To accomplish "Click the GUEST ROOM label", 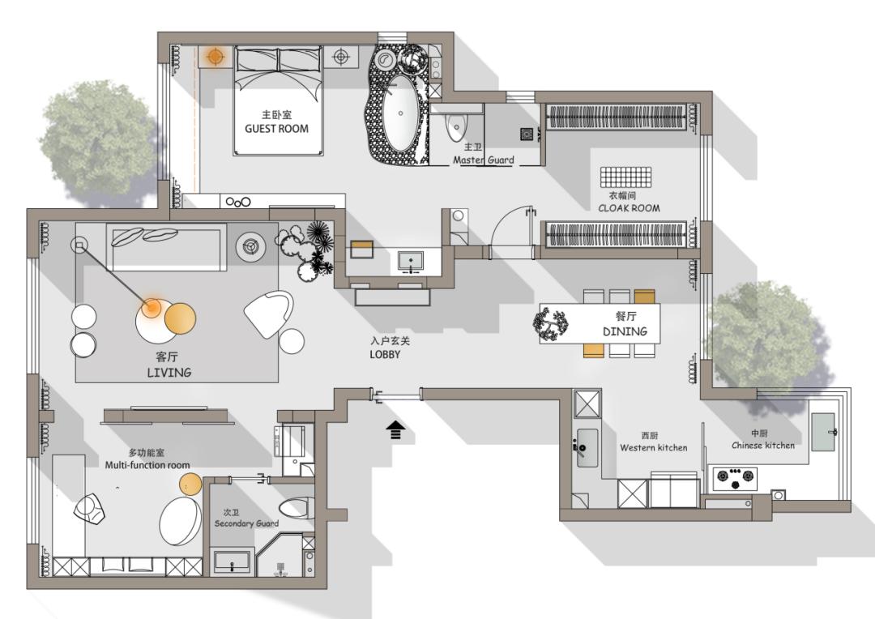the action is (x=276, y=129).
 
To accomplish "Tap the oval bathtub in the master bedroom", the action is (x=400, y=114).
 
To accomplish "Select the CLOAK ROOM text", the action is (x=629, y=208).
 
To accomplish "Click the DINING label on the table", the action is (x=625, y=331).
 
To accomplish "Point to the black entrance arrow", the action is (x=395, y=429).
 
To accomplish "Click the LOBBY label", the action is (x=385, y=354).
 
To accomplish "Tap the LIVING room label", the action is (x=169, y=373).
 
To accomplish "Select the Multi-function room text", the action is (x=147, y=465).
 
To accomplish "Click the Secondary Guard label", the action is (x=246, y=523).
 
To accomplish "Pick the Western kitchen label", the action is (x=654, y=448).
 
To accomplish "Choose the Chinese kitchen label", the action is (x=763, y=446).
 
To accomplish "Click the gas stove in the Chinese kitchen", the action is (x=735, y=478).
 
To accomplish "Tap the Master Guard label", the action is (x=483, y=160).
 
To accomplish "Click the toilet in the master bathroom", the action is (x=456, y=126).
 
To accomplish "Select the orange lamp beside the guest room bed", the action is (x=215, y=57).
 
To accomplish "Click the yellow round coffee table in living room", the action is (x=180, y=318).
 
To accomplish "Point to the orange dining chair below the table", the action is (x=593, y=350).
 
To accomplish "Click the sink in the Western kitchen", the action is (x=587, y=448).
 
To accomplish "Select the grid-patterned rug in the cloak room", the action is (x=625, y=177).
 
